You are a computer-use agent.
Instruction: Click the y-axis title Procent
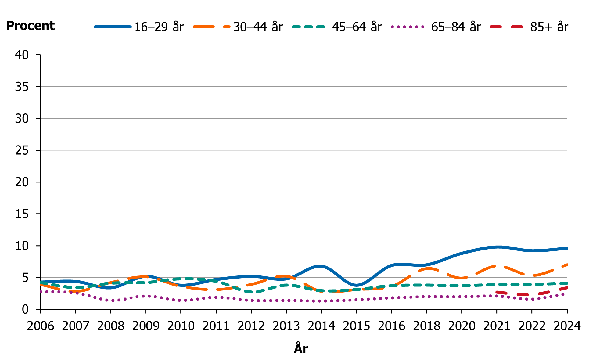[30, 26]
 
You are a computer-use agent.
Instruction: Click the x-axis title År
[301, 348]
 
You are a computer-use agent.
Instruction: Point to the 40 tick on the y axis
[22, 55]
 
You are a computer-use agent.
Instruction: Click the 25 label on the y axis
[22, 150]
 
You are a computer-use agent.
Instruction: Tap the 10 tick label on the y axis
[22, 246]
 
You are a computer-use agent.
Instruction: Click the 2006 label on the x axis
[40, 326]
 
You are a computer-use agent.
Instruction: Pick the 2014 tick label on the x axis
[321, 326]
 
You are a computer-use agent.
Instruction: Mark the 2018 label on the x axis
[426, 326]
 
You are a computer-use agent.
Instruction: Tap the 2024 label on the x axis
[567, 326]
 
